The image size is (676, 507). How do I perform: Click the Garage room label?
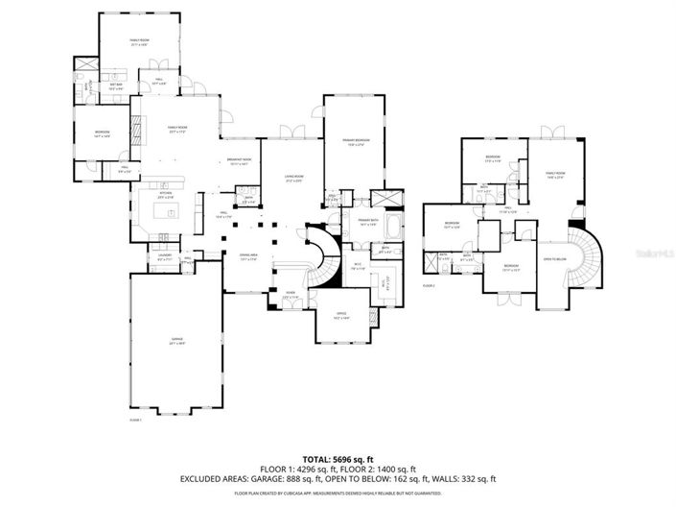pos(175,341)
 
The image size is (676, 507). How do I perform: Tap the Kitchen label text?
pos(165,193)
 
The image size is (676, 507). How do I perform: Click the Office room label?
pos(340,315)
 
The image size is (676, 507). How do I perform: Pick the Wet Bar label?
pos(116,86)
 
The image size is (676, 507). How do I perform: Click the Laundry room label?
pos(164,257)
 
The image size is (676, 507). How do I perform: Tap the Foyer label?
pos(290,296)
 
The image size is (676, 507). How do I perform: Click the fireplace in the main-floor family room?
pos(135,128)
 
